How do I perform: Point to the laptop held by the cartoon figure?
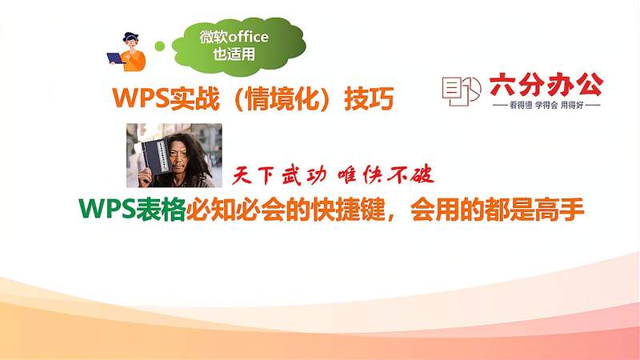click(116, 58)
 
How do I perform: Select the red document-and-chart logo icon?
click(461, 91)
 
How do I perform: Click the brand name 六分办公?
click(545, 85)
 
